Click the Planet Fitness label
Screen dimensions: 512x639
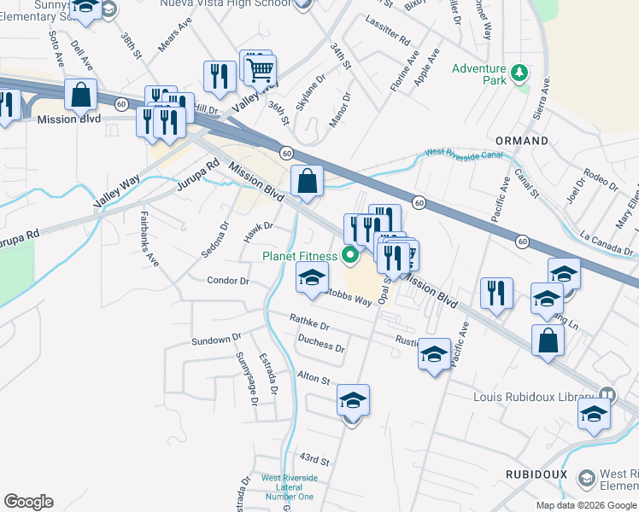[x=299, y=256]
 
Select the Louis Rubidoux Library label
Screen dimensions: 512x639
[x=533, y=396]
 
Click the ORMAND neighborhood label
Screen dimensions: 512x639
[x=523, y=140]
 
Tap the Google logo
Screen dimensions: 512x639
[x=27, y=502]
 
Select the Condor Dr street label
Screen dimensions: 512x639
[x=228, y=280]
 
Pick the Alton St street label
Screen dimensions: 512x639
[x=313, y=377]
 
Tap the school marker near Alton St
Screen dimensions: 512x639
[x=352, y=400]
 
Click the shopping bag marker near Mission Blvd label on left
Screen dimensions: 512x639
[x=81, y=96]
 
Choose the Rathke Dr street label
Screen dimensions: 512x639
[x=309, y=323]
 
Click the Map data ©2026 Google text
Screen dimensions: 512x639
[x=586, y=505]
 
